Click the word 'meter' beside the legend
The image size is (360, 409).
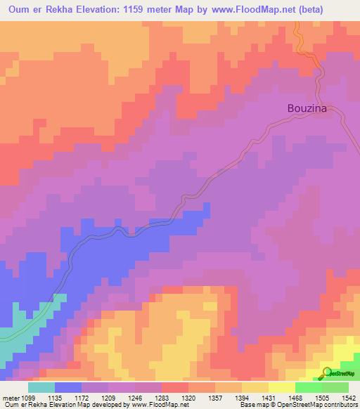(x=11, y=397)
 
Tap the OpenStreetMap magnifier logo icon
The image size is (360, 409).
(x=328, y=373)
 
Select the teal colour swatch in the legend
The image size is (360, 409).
(x=41, y=387)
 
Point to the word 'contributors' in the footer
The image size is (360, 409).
(x=341, y=405)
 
